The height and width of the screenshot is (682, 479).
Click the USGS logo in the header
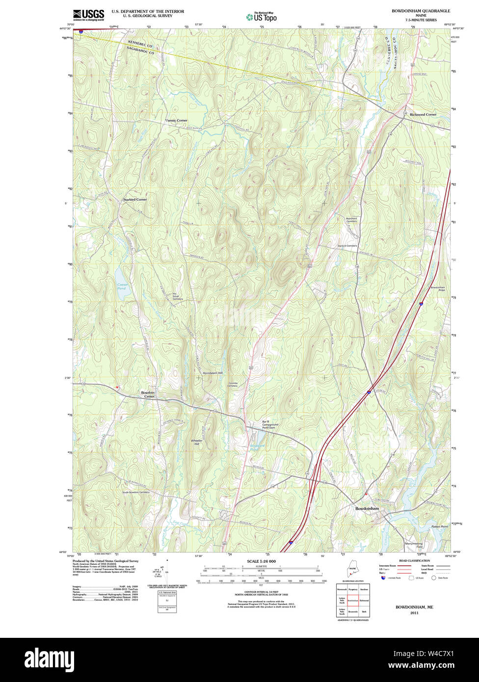click(88, 15)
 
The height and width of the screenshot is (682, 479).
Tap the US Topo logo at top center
click(261, 17)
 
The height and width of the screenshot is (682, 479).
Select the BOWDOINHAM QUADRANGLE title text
click(421, 11)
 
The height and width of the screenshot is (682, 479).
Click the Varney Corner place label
click(176, 120)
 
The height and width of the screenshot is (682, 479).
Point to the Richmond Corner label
click(423, 114)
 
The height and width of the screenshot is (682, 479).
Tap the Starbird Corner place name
click(134, 200)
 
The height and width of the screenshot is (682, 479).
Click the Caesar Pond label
click(122, 287)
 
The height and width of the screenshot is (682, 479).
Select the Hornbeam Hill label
click(213, 373)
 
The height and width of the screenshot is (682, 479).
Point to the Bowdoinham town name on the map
click(367, 509)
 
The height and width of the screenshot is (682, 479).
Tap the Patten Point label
click(439, 526)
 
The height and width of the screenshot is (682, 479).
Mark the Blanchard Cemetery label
click(351, 220)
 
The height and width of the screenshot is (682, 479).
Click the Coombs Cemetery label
click(233, 384)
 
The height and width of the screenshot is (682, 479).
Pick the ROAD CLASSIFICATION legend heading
click(414, 560)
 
